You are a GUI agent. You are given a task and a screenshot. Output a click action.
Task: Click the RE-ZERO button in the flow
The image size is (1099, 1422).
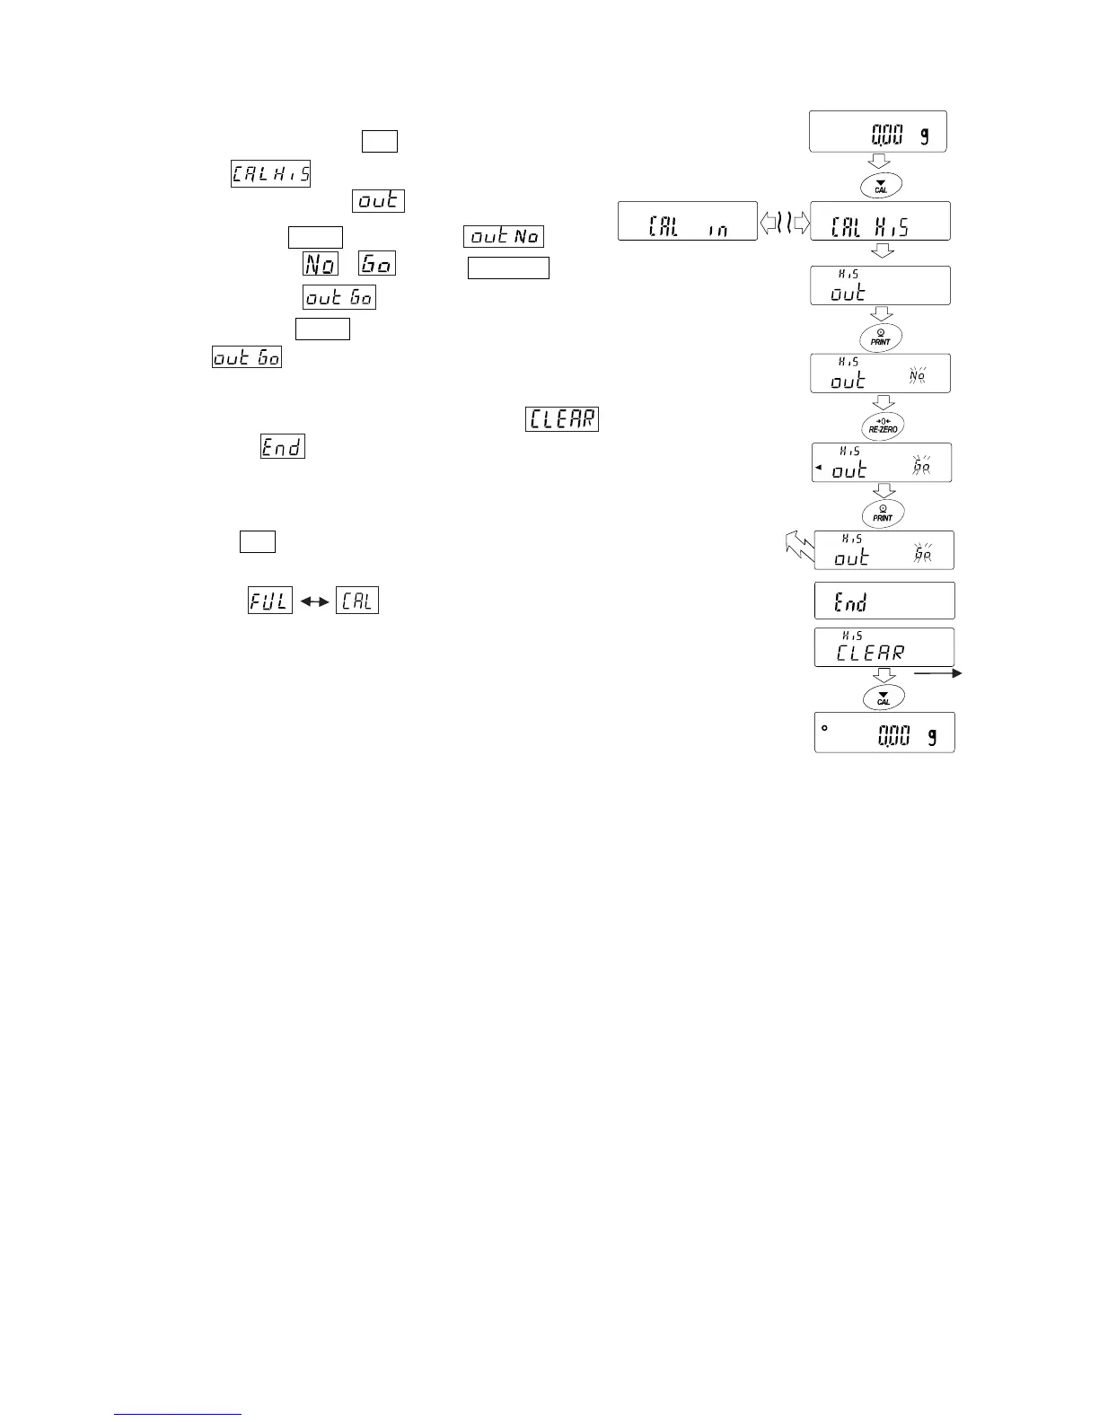[x=882, y=425]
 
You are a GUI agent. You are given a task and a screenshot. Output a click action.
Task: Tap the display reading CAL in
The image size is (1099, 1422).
[x=688, y=222]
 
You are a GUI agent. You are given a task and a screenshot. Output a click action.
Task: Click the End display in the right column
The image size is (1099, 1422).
[x=884, y=601]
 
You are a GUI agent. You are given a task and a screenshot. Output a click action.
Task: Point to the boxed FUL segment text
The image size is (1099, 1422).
[x=270, y=601]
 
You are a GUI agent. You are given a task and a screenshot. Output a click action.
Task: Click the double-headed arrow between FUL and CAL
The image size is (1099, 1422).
[x=314, y=601]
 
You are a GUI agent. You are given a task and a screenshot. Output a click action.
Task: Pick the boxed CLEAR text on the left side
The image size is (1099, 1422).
[x=562, y=418]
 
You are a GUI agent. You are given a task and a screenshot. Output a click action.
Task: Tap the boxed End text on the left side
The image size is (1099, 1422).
[x=282, y=446]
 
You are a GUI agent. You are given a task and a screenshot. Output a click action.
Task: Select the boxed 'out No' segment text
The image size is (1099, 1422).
[x=504, y=237]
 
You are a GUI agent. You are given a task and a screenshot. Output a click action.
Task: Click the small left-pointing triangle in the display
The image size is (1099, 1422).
[x=819, y=468]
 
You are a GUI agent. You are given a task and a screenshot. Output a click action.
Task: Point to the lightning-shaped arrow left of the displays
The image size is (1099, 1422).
[x=796, y=545]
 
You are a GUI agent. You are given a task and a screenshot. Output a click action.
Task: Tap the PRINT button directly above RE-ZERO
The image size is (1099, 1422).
[x=881, y=338]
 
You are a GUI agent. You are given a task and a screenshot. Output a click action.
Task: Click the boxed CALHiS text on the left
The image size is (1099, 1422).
[x=270, y=173]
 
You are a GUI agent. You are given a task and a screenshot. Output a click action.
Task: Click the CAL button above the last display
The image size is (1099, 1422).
[x=884, y=698]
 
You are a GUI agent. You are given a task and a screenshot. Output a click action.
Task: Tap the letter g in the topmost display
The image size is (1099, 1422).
[x=925, y=136]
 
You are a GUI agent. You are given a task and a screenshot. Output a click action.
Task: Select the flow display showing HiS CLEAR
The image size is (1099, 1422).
[x=884, y=647]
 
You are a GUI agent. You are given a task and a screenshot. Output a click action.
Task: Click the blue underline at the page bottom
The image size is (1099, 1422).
[x=179, y=1414]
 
